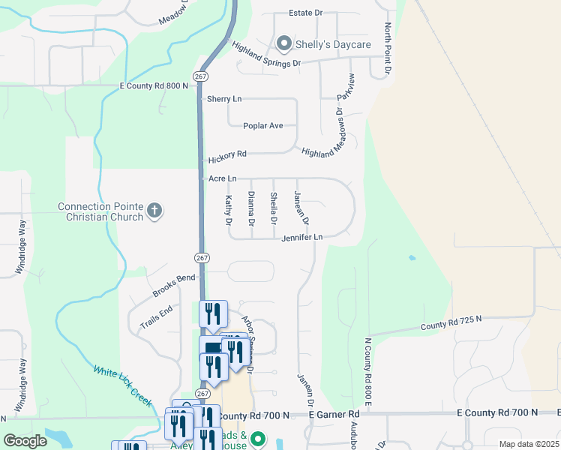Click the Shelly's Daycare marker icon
[284, 44]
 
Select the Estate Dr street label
[306, 13]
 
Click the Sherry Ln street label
[224, 99]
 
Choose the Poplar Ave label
[263, 125]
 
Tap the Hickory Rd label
[227, 154]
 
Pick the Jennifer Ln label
[302, 238]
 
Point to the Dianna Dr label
[251, 209]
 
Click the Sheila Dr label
[274, 209]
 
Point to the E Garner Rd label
[334, 414]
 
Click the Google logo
[25, 441]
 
